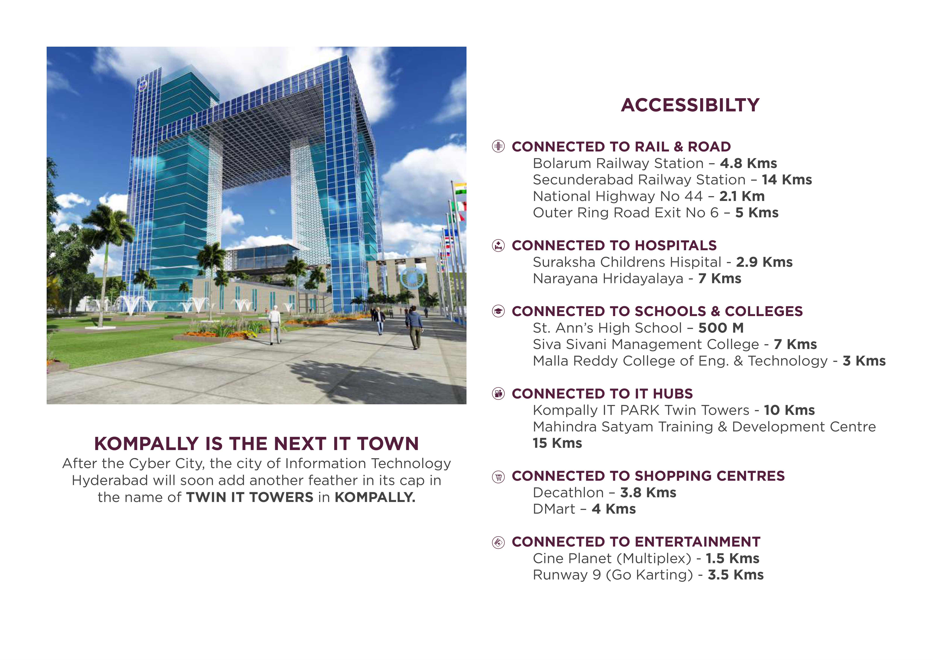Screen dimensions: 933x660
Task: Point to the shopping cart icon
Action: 498,476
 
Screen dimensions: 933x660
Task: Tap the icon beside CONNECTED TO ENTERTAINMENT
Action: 498,542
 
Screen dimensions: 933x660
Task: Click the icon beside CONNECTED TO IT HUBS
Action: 498,393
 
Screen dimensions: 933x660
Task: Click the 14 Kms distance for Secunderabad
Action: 787,180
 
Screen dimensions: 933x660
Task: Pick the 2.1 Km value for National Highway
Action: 742,196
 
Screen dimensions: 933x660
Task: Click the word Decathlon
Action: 568,493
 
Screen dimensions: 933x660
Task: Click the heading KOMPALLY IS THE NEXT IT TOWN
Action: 256,444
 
